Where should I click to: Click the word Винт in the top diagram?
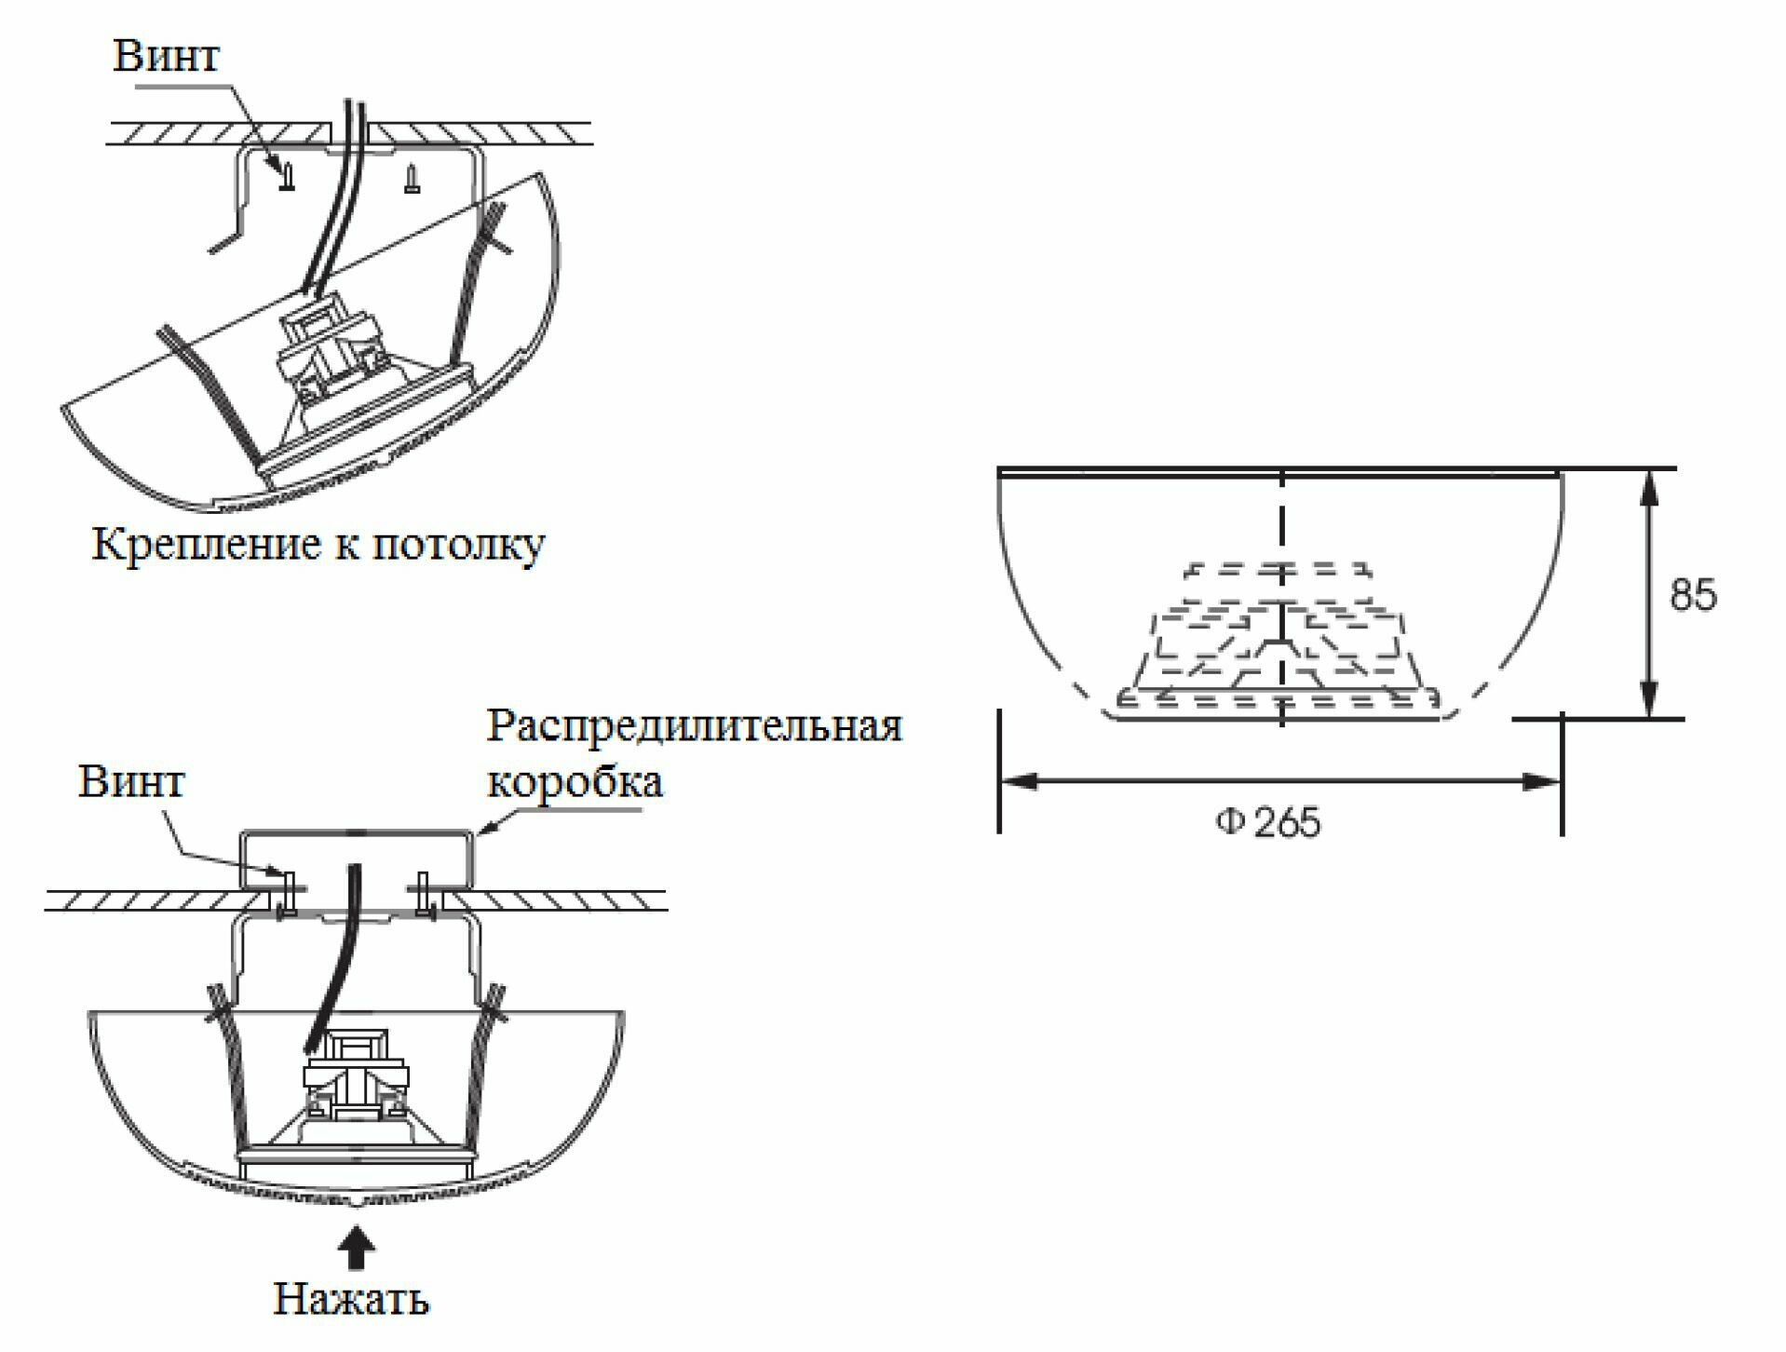coord(166,55)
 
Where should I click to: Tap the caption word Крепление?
coord(206,545)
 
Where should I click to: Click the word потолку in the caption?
coord(457,545)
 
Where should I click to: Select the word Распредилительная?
coord(694,725)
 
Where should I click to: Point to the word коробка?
coord(575,781)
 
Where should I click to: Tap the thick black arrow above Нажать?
coord(356,1248)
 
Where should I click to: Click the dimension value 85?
coord(1692,594)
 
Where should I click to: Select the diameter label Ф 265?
coord(1267,822)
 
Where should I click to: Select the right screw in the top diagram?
coord(412,180)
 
